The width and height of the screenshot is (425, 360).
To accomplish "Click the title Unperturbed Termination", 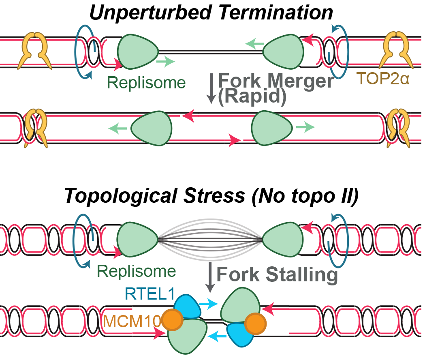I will coord(211,12).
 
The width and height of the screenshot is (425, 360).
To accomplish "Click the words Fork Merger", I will coord(276,81).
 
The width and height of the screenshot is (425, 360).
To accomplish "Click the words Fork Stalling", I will coord(277,275).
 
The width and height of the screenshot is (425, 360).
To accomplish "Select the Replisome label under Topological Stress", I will coord(137,271).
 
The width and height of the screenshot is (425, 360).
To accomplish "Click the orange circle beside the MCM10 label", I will coord(171,320).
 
